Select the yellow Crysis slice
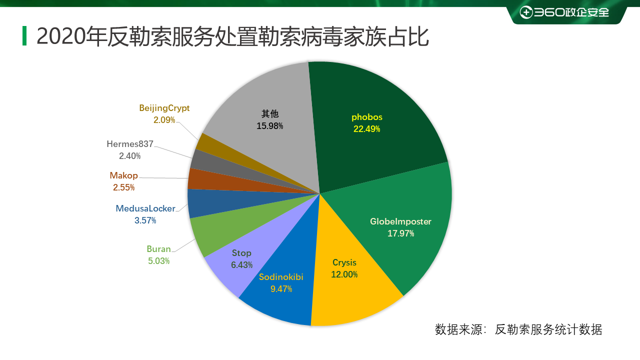[350, 290]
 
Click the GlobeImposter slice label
[400, 221]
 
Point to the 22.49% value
[366, 129]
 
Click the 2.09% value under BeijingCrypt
[164, 120]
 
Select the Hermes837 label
[130, 144]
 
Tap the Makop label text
[123, 175]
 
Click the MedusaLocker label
[145, 208]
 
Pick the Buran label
[158, 249]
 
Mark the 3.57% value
[145, 220]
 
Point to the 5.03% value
[158, 261]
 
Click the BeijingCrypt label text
[164, 108]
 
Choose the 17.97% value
[400, 233]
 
